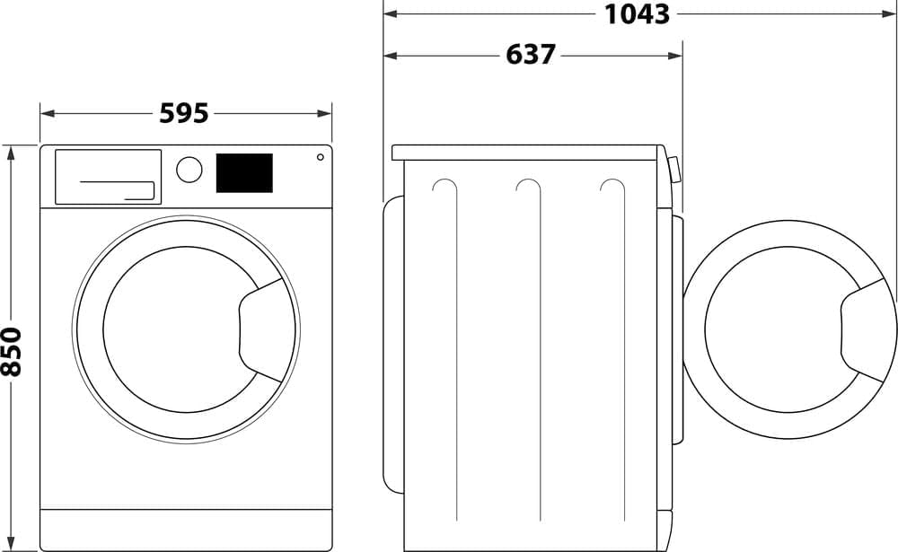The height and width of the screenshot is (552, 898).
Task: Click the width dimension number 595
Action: tap(184, 113)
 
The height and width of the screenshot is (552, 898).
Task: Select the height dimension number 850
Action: tap(12, 352)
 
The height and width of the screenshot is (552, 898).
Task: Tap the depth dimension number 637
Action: tap(532, 55)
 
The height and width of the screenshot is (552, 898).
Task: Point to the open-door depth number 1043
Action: tap(637, 13)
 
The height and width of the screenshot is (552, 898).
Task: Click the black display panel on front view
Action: tap(244, 172)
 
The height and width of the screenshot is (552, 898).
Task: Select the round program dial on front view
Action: tap(189, 170)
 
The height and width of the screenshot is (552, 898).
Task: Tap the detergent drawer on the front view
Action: tap(108, 176)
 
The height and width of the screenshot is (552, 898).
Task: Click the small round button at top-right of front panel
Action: tap(320, 157)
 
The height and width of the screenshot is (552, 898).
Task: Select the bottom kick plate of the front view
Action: tap(186, 530)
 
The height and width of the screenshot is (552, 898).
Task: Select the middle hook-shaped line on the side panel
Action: tap(530, 188)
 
